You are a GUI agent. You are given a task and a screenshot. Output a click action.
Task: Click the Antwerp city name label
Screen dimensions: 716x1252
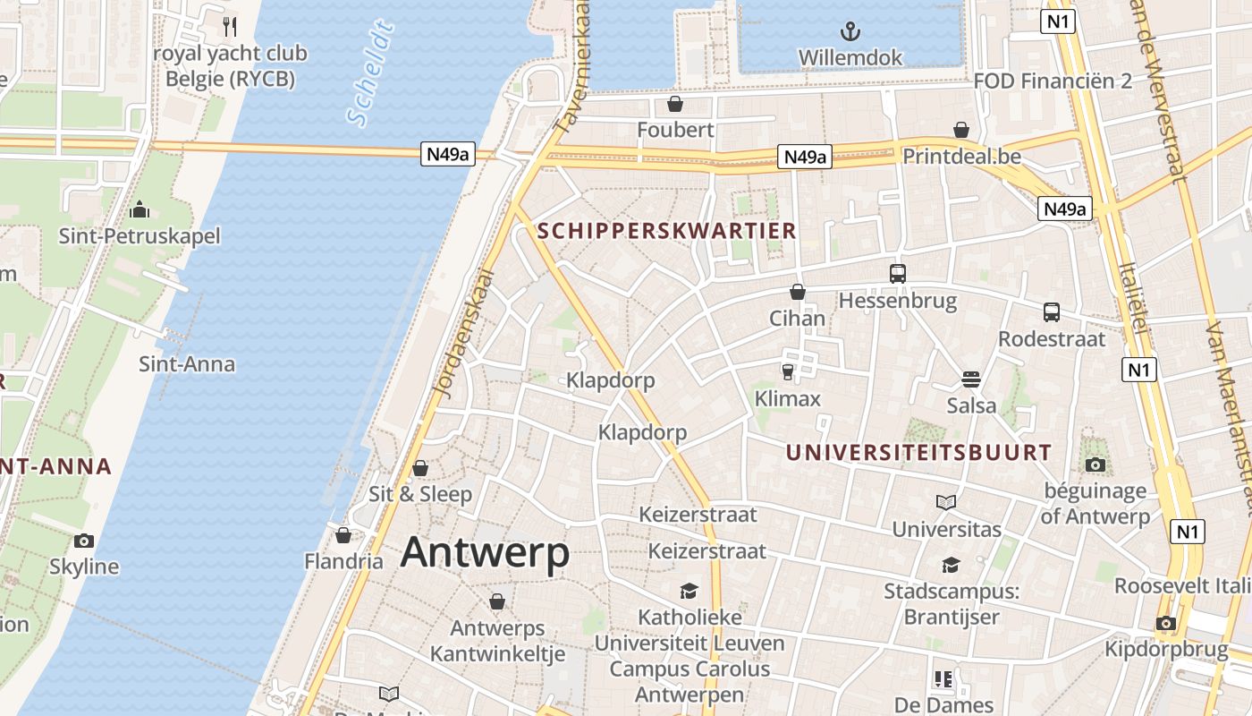pyautogui.click(x=485, y=551)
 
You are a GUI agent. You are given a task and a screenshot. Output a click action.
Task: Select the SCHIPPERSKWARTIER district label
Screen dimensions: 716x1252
pyautogui.click(x=666, y=231)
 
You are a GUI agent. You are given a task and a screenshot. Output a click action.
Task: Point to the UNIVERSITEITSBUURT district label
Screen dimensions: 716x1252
pyautogui.click(x=918, y=453)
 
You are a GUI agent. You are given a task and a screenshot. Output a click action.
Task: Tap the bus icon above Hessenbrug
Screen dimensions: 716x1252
pyautogui.click(x=897, y=274)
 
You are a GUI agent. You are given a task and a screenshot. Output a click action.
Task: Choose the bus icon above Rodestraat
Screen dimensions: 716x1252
pyautogui.click(x=1052, y=312)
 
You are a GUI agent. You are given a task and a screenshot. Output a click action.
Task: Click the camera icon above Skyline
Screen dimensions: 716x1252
pyautogui.click(x=84, y=541)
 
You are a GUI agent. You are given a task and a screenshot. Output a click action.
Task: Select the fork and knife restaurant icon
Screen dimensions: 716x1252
pyautogui.click(x=230, y=26)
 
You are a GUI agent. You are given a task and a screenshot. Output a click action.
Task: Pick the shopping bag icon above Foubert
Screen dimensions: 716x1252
pyautogui.click(x=675, y=104)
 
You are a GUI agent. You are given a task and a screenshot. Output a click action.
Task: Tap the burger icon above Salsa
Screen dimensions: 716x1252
pyautogui.click(x=971, y=379)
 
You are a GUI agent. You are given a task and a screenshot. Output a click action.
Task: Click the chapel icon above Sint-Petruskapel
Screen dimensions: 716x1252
pyautogui.click(x=140, y=209)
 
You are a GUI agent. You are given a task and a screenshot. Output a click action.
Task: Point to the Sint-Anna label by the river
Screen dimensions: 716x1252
pyautogui.click(x=187, y=364)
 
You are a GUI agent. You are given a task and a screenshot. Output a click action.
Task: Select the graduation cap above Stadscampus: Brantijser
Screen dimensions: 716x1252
pyautogui.click(x=950, y=565)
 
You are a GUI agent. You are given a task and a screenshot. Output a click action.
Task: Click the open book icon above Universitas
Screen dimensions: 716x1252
pyautogui.click(x=946, y=502)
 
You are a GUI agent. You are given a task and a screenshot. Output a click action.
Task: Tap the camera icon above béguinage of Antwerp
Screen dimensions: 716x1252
pyautogui.click(x=1095, y=465)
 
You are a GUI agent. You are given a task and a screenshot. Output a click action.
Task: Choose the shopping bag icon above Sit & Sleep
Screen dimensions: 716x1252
pyautogui.click(x=420, y=468)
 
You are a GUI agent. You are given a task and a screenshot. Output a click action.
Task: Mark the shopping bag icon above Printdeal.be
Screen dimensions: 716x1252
pyautogui.click(x=961, y=130)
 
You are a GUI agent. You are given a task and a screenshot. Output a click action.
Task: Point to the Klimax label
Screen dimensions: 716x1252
pyautogui.click(x=787, y=398)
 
